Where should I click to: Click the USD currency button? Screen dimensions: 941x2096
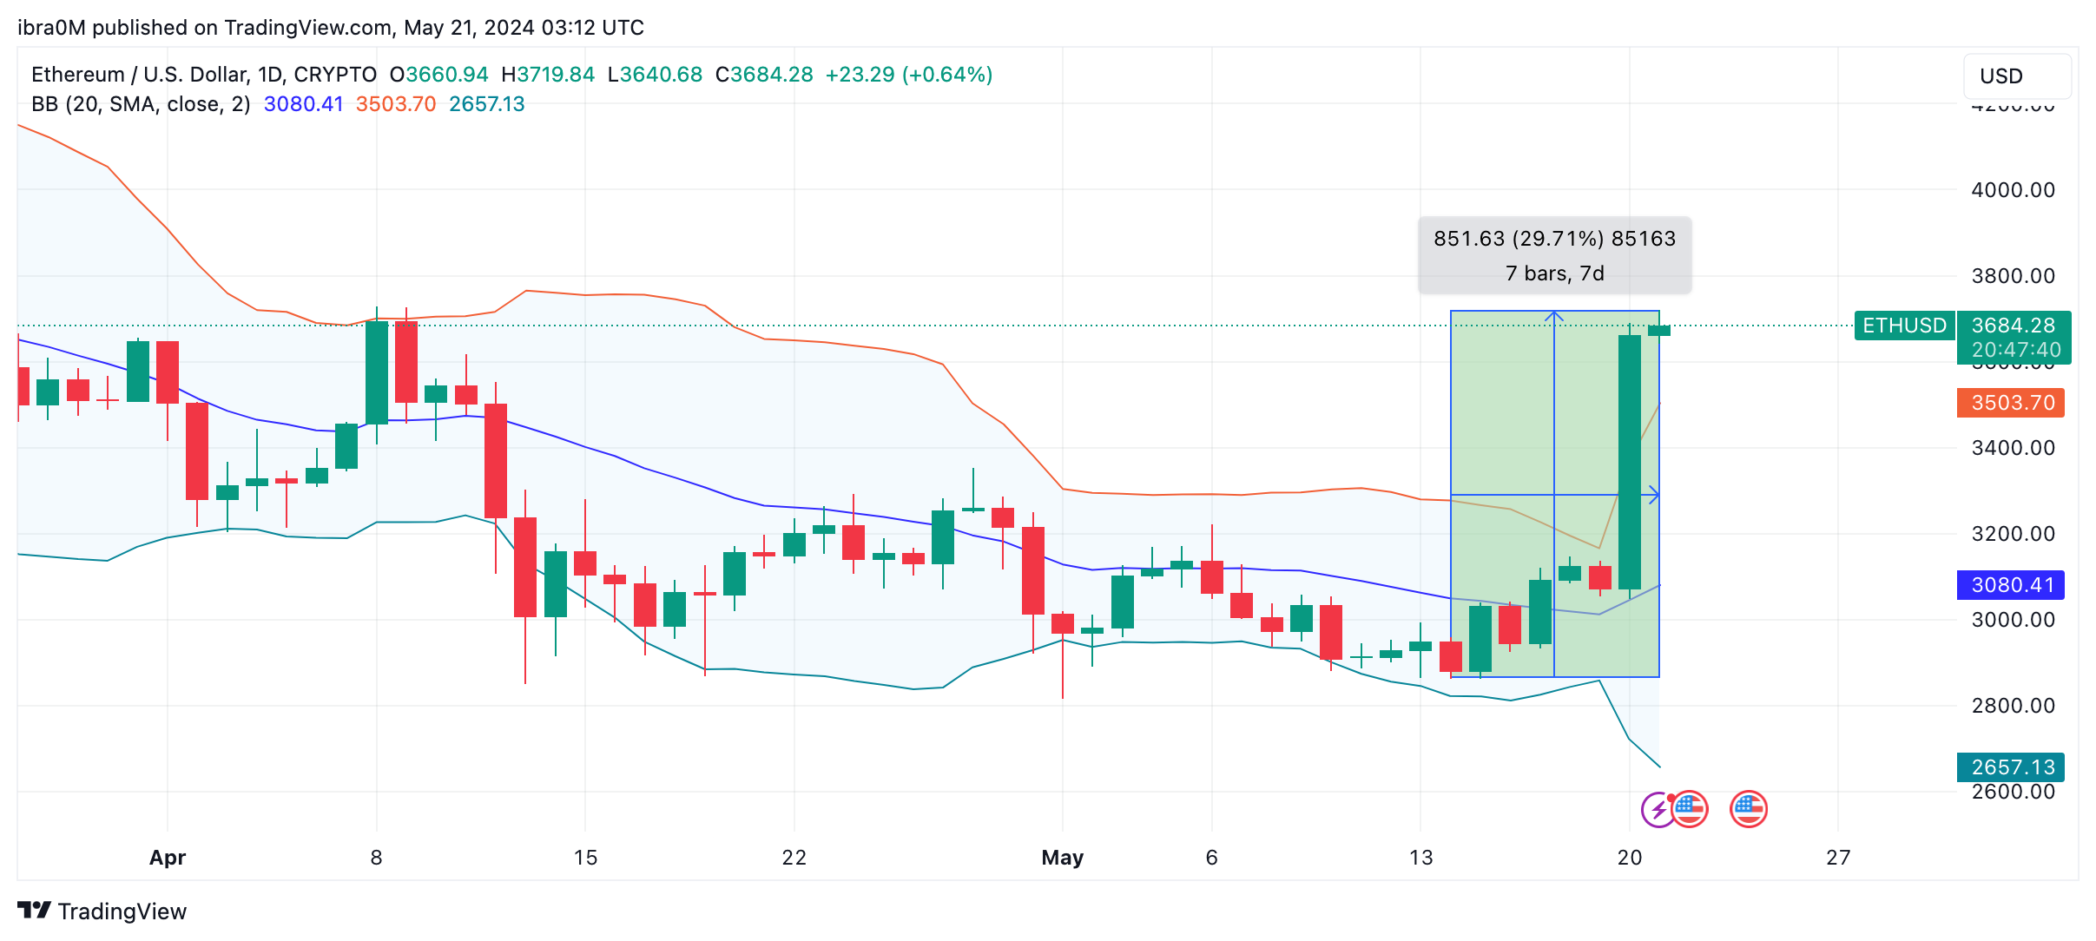point(2016,76)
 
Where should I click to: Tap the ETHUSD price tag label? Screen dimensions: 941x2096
point(1904,326)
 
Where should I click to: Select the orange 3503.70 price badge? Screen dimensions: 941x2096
point(2011,403)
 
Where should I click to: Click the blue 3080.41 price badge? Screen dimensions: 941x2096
point(2011,585)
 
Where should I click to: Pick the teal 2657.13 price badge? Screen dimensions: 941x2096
point(2011,767)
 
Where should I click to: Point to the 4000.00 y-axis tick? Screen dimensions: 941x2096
point(2013,190)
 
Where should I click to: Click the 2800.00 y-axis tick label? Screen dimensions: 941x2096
point(2013,706)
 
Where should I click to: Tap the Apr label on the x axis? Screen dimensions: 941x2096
point(168,858)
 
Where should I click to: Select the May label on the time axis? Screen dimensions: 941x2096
point(1062,858)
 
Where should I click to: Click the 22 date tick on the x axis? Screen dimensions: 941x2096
point(794,858)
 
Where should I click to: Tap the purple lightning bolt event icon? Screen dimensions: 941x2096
point(1658,810)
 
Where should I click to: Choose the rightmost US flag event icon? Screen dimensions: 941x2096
point(1748,809)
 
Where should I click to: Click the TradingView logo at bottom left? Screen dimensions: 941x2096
point(102,911)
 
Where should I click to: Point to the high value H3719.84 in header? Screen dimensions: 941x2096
point(548,75)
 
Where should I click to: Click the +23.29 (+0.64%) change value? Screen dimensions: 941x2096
point(908,75)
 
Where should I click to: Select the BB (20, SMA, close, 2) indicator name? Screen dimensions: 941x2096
point(141,104)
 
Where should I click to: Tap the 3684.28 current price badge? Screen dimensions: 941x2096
point(2013,326)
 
